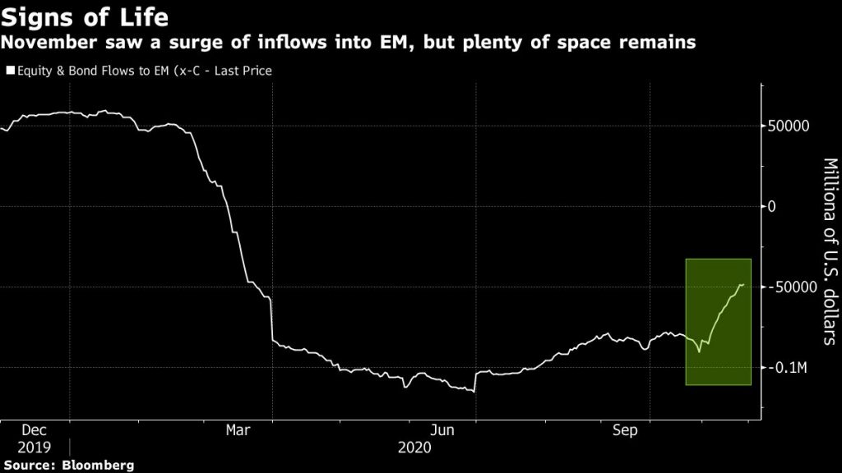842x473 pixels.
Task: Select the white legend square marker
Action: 10,71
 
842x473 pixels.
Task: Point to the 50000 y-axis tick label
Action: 789,126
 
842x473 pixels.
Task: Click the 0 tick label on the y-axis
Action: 772,206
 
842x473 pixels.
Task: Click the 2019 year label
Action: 34,448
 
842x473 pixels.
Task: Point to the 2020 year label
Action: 415,448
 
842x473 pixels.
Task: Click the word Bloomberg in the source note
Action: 98,465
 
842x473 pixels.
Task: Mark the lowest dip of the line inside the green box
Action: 699,351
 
